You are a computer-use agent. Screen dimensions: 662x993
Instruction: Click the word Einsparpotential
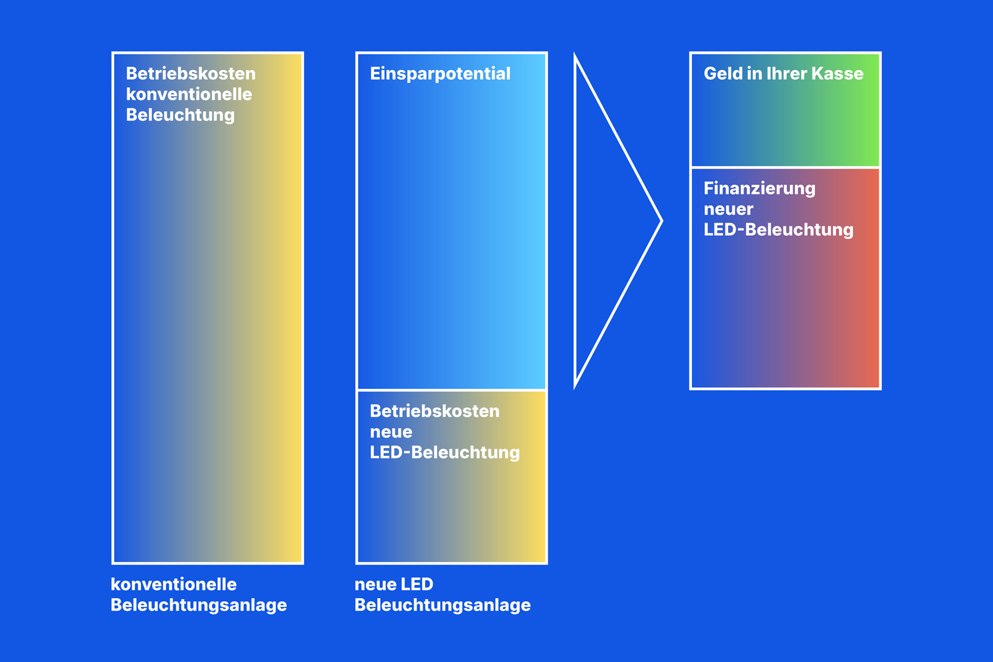click(440, 74)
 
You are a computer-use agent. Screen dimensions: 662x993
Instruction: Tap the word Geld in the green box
click(722, 74)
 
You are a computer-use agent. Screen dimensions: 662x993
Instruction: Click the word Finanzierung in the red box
click(759, 188)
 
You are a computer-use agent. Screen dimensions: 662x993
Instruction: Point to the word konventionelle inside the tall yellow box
click(189, 94)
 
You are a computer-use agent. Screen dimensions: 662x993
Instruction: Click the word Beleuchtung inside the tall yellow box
click(180, 115)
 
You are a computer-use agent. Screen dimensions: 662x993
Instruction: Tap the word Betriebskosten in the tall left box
click(191, 74)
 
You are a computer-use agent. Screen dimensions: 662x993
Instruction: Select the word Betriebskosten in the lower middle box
click(434, 411)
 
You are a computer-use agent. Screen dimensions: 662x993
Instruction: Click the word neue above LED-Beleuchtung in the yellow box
click(390, 432)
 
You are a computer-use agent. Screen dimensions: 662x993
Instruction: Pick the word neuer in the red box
click(728, 209)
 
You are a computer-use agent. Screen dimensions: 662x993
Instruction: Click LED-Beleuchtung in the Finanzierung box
click(778, 230)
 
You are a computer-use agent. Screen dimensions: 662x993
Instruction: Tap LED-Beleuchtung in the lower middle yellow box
click(444, 453)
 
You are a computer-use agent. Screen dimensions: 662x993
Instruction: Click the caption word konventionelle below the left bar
click(173, 584)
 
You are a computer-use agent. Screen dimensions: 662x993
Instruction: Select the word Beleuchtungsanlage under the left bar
click(199, 606)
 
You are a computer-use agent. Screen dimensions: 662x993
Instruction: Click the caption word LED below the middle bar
click(417, 584)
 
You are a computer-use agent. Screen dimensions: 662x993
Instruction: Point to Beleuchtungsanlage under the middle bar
click(443, 606)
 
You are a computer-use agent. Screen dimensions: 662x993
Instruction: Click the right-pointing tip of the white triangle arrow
click(660, 221)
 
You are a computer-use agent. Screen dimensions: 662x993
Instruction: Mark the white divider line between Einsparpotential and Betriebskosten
click(452, 390)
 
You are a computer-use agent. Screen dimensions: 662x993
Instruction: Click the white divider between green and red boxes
click(785, 168)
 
